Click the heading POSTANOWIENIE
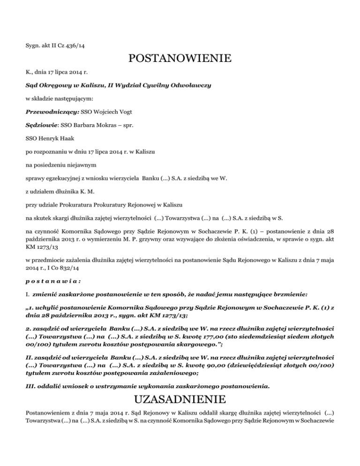(180, 60)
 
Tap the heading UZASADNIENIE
(180, 399)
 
